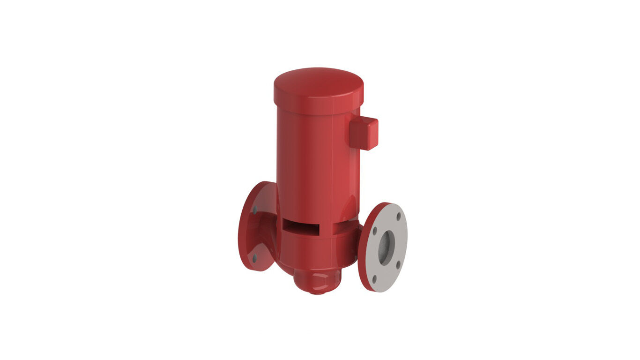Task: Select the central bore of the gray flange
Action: click(x=386, y=248)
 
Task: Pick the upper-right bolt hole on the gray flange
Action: click(x=399, y=217)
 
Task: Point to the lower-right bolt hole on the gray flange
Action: click(x=398, y=265)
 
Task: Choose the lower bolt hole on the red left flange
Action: click(x=254, y=257)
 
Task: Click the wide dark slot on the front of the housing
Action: click(x=301, y=227)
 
